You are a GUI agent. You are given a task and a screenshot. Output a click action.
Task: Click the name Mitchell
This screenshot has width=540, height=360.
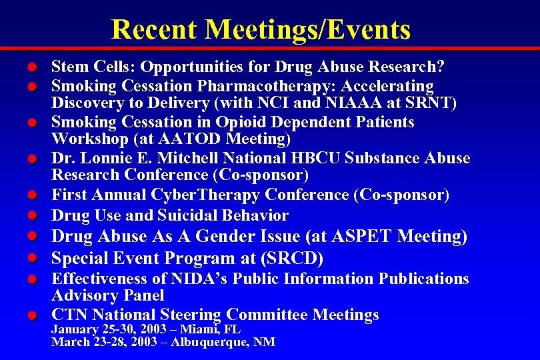tap(185, 159)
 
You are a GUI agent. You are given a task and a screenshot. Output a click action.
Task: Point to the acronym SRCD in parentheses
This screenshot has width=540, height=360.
tap(301, 258)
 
